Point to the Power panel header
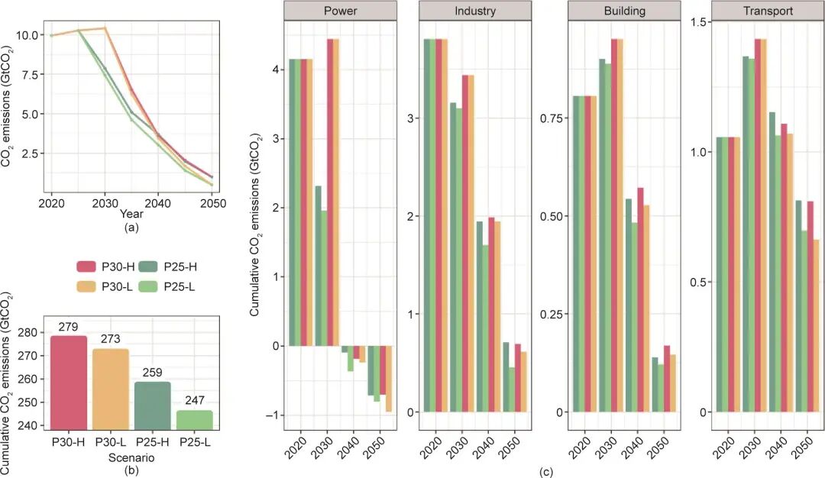click(341, 11)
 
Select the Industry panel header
click(474, 11)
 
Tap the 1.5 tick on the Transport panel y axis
click(699, 21)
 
